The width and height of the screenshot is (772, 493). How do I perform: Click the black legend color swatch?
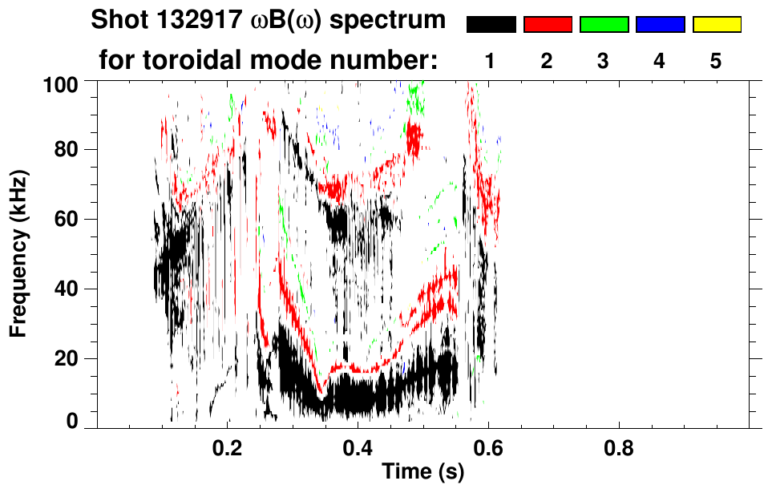pyautogui.click(x=491, y=25)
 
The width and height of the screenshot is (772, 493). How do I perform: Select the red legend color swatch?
pyautogui.click(x=548, y=25)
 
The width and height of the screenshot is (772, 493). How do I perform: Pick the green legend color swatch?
pyautogui.click(x=604, y=25)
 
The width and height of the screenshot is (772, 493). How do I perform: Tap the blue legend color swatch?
pyautogui.click(x=660, y=25)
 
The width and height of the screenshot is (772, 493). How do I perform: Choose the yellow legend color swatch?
pyautogui.click(x=717, y=25)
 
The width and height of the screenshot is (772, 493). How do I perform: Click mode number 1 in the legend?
pyautogui.click(x=491, y=61)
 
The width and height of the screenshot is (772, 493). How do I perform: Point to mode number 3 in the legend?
pyautogui.click(x=604, y=61)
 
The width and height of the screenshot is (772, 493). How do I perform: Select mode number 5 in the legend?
pyautogui.click(x=717, y=61)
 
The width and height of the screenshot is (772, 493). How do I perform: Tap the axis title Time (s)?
pyautogui.click(x=422, y=472)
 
